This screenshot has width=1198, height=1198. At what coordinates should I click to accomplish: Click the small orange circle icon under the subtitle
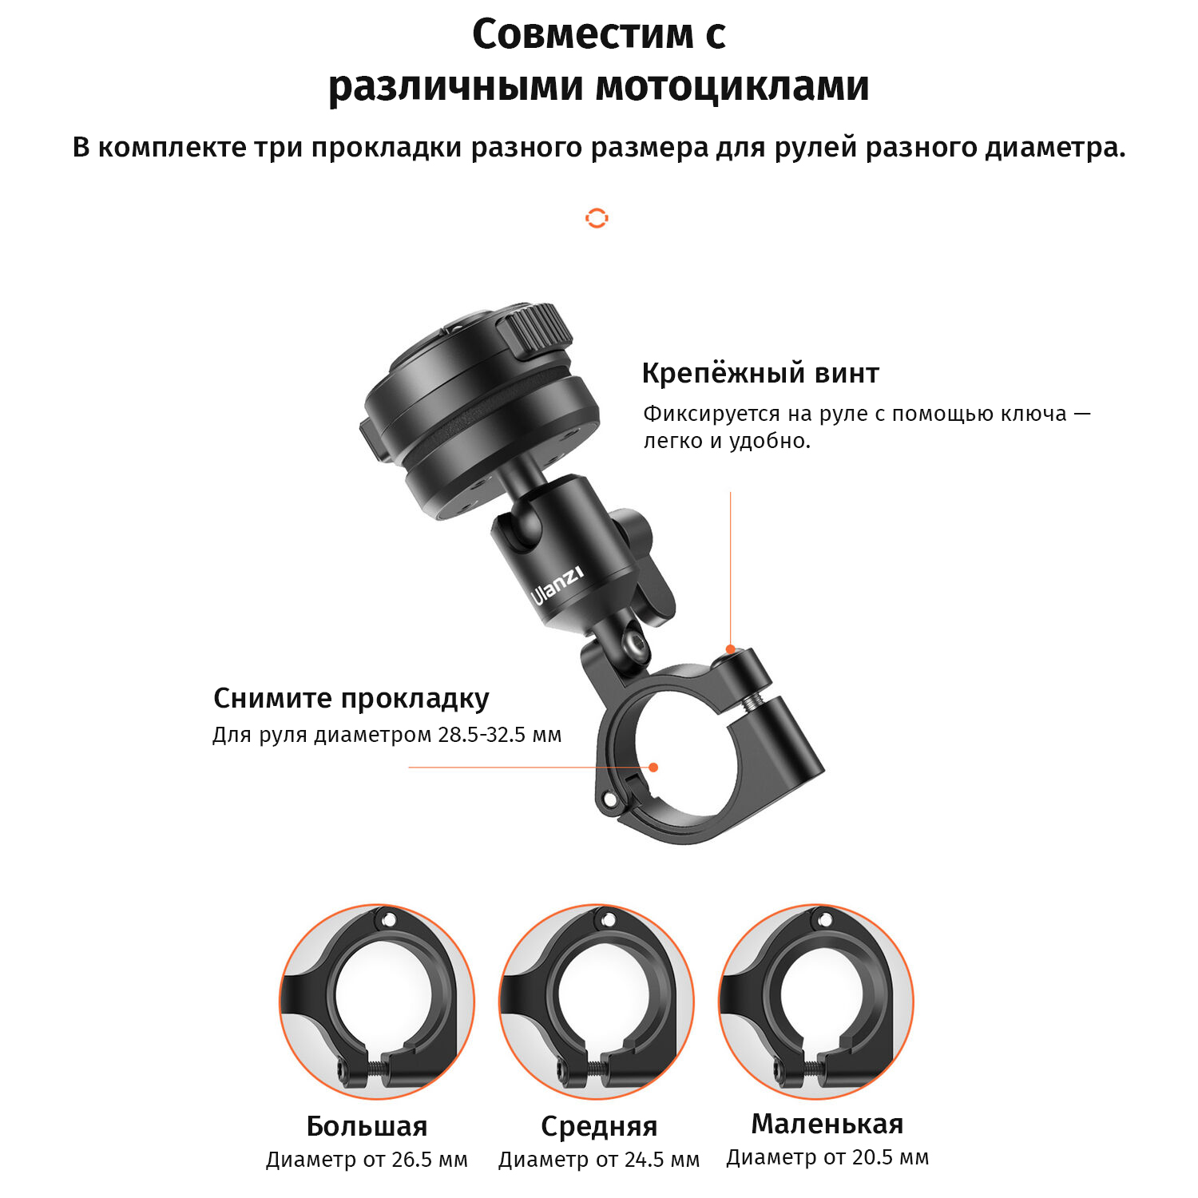[x=597, y=218]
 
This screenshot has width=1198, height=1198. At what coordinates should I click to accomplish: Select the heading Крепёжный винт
[x=760, y=373]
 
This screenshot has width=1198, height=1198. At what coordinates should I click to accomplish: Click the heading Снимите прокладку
[x=351, y=698]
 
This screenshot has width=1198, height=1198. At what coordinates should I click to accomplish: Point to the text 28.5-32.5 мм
[x=500, y=735]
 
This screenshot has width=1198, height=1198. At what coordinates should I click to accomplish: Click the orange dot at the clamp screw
[x=730, y=649]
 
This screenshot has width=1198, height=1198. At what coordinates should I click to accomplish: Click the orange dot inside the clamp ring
[x=653, y=768]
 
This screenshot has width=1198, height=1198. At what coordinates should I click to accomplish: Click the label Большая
[x=367, y=1126]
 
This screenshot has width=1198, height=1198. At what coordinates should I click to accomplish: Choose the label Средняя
[x=599, y=1126]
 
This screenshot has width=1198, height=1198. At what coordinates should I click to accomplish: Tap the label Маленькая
[x=827, y=1124]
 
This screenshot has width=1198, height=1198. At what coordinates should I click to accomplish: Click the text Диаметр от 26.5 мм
[x=367, y=1160]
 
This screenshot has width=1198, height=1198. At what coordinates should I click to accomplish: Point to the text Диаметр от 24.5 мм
[x=599, y=1160]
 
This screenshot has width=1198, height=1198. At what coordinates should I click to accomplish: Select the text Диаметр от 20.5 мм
[x=827, y=1157]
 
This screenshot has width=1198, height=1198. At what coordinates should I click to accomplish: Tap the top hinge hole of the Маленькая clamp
[x=825, y=921]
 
